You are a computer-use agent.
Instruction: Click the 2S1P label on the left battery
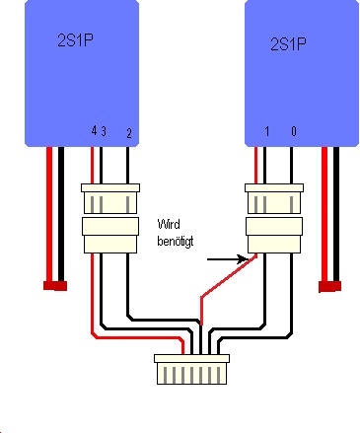[x=75, y=40]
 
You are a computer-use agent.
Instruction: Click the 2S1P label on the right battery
[x=288, y=43]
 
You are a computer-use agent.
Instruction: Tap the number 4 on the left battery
[x=94, y=131]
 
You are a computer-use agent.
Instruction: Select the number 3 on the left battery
[x=104, y=131]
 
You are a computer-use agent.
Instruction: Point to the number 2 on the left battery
[x=129, y=133]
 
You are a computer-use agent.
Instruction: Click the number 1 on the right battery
[x=266, y=131]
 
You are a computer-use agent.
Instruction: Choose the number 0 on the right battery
[x=294, y=131]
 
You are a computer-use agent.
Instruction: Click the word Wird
[x=169, y=224]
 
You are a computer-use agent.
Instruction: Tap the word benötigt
[x=176, y=241]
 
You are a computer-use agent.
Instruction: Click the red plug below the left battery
[x=55, y=286]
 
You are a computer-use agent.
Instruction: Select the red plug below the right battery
[x=329, y=286]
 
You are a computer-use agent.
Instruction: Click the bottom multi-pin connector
[x=191, y=369]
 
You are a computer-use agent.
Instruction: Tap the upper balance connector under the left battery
[x=110, y=198]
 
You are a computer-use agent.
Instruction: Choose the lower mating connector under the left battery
[x=110, y=235]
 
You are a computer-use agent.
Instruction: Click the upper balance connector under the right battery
[x=274, y=198]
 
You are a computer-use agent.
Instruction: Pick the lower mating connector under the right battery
[x=274, y=235]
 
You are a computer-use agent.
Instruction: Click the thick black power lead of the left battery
[x=61, y=214]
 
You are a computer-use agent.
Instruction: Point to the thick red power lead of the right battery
[x=324, y=214]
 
